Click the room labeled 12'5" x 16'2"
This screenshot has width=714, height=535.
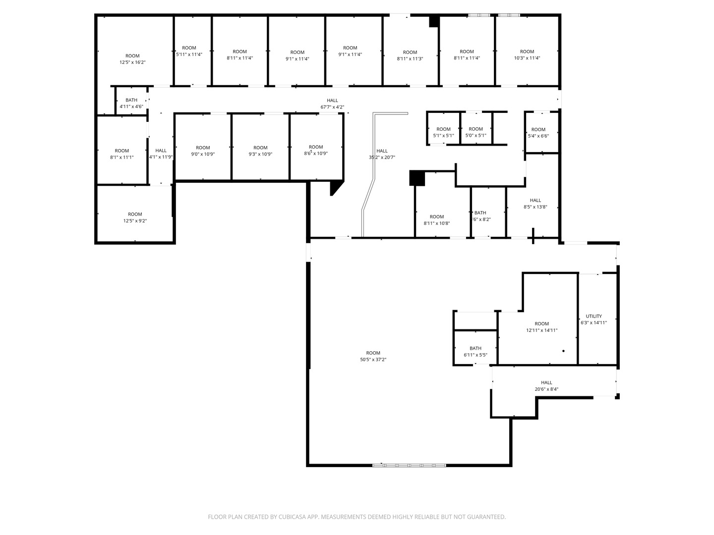pyautogui.click(x=132, y=59)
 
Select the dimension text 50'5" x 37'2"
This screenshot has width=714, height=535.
pyautogui.click(x=373, y=360)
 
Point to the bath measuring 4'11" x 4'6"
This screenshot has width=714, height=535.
pyautogui.click(x=131, y=103)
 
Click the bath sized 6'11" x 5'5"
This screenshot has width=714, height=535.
pyautogui.click(x=475, y=351)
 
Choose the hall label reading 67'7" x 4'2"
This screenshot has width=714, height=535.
pyautogui.click(x=332, y=104)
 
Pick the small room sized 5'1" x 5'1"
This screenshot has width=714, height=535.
pyautogui.click(x=443, y=132)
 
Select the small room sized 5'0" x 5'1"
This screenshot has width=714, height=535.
pyautogui.click(x=476, y=132)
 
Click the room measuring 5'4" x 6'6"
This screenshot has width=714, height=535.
pyautogui.click(x=538, y=132)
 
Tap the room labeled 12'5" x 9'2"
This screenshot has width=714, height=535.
pyautogui.click(x=135, y=217)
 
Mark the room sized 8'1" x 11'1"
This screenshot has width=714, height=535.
pyautogui.click(x=122, y=154)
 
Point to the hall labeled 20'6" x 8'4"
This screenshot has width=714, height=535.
pyautogui.click(x=546, y=385)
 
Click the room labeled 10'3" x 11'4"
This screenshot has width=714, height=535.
pyautogui.click(x=527, y=54)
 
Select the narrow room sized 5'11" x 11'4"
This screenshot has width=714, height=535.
pyautogui.click(x=189, y=51)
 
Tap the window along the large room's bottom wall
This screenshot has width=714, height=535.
pyautogui.click(x=409, y=465)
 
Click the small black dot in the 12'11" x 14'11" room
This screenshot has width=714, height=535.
pyautogui.click(x=563, y=351)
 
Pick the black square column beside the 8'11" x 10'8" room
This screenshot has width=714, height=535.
pyautogui.click(x=417, y=178)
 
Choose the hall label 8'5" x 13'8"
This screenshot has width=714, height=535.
pyautogui.click(x=535, y=204)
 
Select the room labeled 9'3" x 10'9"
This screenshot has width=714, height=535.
pyautogui.click(x=260, y=151)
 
